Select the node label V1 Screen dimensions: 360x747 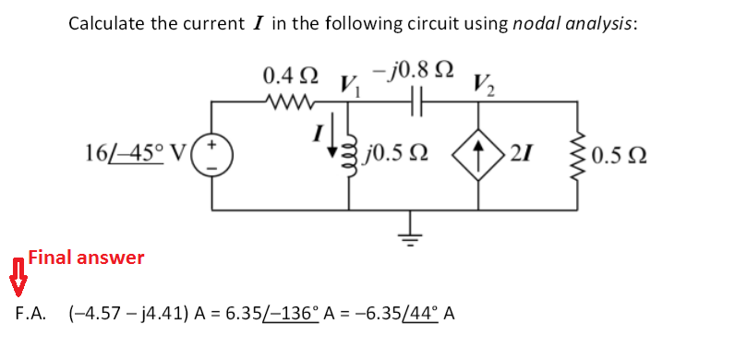[x=352, y=86]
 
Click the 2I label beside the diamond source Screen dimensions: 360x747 [x=518, y=152]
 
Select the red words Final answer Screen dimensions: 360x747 [x=86, y=258]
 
